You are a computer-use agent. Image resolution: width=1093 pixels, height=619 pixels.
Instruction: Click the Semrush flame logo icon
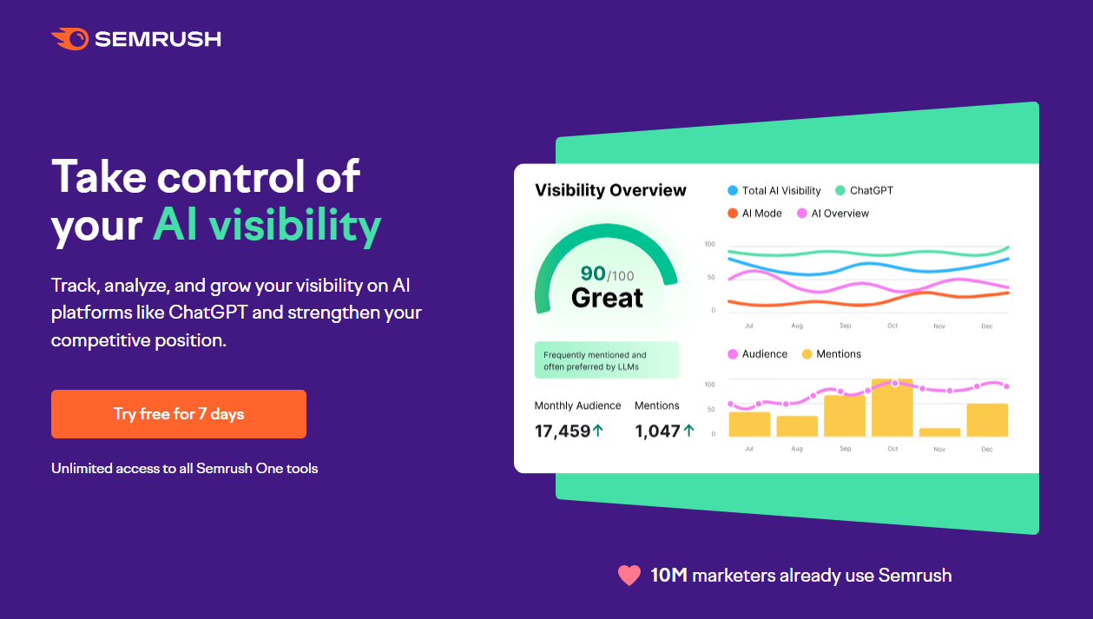pos(70,39)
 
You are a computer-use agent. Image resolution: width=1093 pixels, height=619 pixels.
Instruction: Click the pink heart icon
pos(629,576)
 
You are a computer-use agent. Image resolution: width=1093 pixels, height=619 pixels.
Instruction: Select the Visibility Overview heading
pos(610,190)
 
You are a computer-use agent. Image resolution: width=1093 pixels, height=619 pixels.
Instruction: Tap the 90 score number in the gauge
pos(593,273)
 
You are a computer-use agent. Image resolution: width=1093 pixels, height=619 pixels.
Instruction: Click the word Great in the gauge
pos(607,299)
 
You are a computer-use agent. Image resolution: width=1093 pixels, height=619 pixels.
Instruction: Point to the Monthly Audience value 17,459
pos(563,431)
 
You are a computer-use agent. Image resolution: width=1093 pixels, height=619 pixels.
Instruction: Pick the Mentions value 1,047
pos(657,431)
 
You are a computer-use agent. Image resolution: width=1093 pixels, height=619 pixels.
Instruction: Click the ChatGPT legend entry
pos(864,190)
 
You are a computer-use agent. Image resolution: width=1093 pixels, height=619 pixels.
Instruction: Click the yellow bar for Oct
pos(892,408)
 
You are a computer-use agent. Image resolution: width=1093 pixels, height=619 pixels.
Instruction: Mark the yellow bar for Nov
pos(939,431)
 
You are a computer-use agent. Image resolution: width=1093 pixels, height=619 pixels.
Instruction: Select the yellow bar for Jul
pos(749,424)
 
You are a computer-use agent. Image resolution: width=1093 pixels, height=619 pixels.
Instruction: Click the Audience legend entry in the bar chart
pos(757,354)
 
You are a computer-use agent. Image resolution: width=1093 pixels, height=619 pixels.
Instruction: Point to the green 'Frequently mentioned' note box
pos(607,360)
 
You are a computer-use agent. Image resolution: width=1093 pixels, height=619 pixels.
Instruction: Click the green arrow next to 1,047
pos(689,430)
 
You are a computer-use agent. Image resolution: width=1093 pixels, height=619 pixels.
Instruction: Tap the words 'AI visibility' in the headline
pos(267,225)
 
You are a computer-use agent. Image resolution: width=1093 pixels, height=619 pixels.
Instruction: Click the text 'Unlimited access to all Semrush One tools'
pos(184,469)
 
